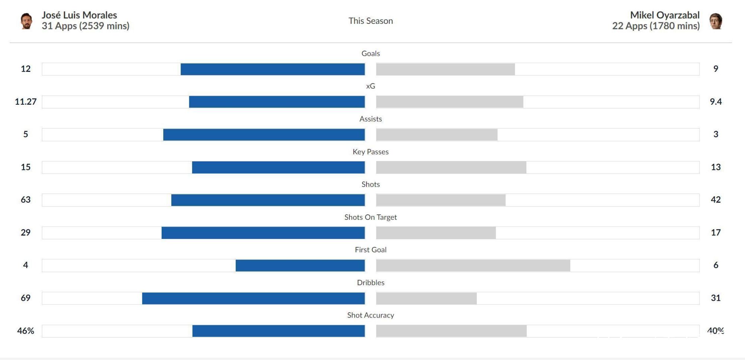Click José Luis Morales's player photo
(26, 21)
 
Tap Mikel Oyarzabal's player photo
(716, 21)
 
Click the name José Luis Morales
(79, 15)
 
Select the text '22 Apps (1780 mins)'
(656, 26)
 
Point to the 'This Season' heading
(371, 21)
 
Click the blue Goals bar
(273, 69)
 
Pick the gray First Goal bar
(473, 265)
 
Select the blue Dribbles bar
(253, 298)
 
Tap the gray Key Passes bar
(451, 167)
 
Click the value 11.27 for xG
(26, 101)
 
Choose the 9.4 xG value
(716, 101)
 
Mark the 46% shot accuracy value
(26, 331)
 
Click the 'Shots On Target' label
(371, 217)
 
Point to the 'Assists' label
(371, 119)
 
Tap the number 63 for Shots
(26, 199)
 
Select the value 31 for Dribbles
(716, 298)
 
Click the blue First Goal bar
(300, 265)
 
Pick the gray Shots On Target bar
(436, 233)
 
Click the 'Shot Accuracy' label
(371, 315)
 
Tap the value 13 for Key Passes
(716, 167)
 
